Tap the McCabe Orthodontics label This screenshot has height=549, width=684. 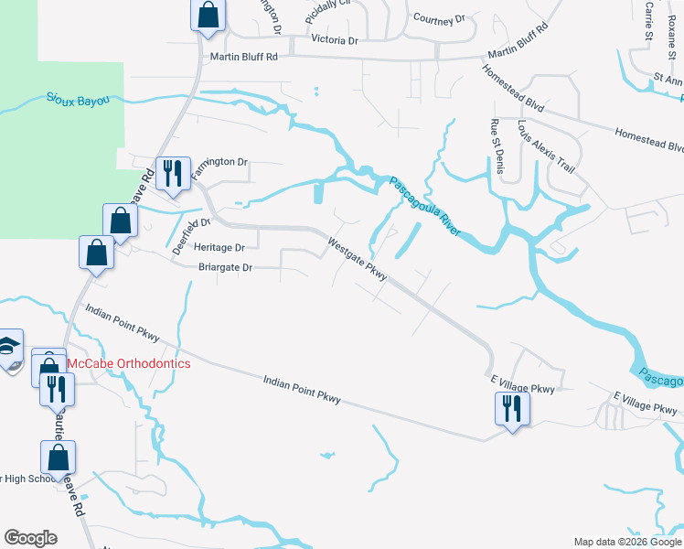[x=129, y=363]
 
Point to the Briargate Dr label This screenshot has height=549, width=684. [x=225, y=268]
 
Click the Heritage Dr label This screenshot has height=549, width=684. [x=219, y=248]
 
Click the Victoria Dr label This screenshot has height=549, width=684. [x=335, y=41]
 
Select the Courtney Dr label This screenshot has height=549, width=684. [x=439, y=17]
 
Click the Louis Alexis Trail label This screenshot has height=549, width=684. [x=546, y=146]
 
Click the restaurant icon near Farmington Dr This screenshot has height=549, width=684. [x=171, y=172]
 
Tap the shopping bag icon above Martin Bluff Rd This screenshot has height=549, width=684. [x=208, y=15]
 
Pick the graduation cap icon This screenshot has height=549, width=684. [x=7, y=349]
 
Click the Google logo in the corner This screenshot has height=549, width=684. [x=30, y=538]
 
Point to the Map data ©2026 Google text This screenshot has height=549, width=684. [x=626, y=542]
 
